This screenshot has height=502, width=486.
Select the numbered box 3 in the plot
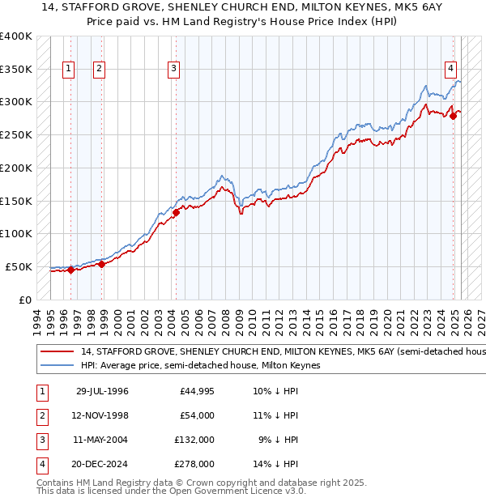pyautogui.click(x=173, y=70)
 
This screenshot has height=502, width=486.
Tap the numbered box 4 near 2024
pyautogui.click(x=450, y=70)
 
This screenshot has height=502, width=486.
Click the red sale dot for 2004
pyautogui.click(x=176, y=213)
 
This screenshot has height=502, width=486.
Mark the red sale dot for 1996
pyautogui.click(x=70, y=270)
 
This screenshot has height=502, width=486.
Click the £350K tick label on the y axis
pyautogui.click(x=16, y=70)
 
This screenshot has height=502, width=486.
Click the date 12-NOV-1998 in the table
pyautogui.click(x=102, y=415)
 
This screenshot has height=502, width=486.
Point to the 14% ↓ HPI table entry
pyautogui.click(x=276, y=464)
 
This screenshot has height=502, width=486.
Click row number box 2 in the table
pyautogui.click(x=41, y=415)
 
